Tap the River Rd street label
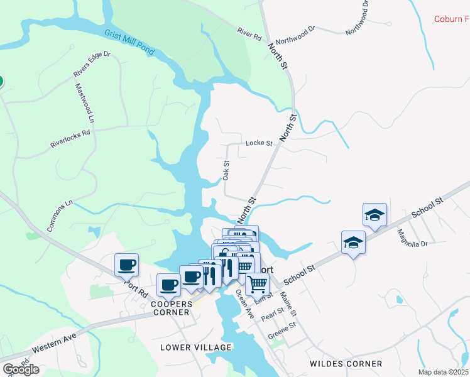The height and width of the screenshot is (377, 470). (x=249, y=34)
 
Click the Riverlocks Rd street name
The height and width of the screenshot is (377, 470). (x=70, y=139)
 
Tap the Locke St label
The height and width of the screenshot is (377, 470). (x=259, y=143)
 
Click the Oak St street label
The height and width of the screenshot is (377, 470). (x=226, y=170)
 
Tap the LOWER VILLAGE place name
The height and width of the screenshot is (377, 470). (x=195, y=347)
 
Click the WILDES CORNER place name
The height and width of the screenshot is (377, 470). (x=346, y=364)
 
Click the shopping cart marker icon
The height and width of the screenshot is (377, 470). (x=257, y=285)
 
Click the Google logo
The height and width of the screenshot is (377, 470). (x=21, y=369)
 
